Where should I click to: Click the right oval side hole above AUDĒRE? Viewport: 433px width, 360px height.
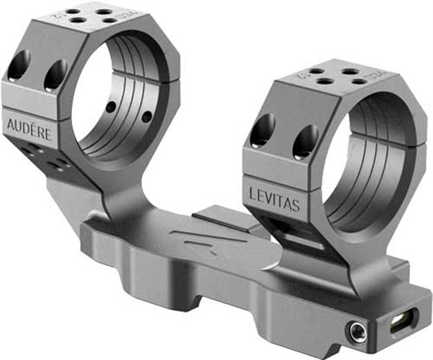pyautogui.click(x=54, y=75)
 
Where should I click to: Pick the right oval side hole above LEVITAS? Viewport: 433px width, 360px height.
pyautogui.click(x=305, y=142)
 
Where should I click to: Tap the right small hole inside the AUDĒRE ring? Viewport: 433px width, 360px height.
pyautogui.click(x=146, y=116)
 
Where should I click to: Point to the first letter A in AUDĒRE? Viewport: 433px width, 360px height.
pyautogui.click(x=10, y=125)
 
